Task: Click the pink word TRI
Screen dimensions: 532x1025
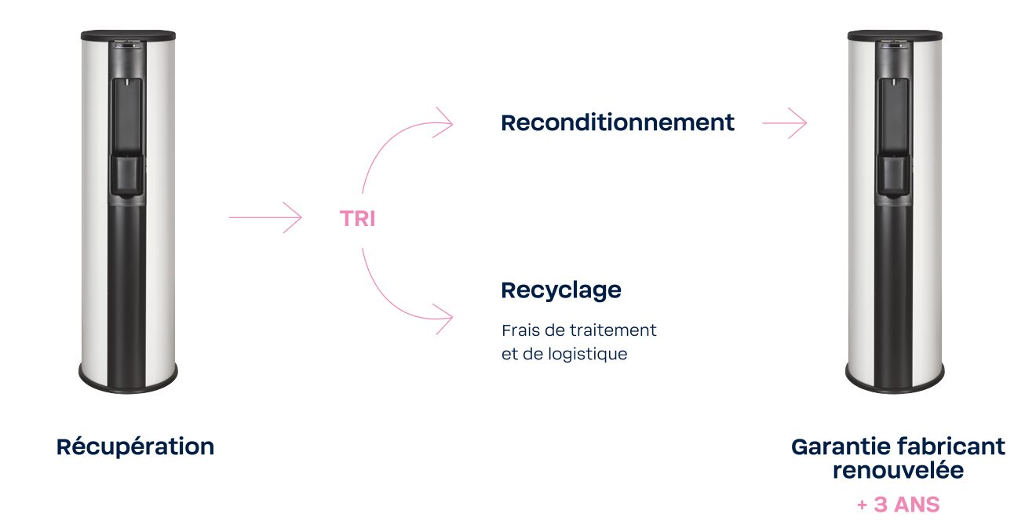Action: click(357, 219)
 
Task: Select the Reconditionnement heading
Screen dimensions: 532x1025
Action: click(618, 123)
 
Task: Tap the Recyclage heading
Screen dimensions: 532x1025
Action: click(561, 290)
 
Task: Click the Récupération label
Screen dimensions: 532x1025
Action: click(135, 446)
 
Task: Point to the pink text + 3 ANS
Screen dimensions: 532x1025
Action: click(898, 505)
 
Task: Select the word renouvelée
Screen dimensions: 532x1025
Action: click(898, 471)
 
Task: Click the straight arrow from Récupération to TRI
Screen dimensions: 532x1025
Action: click(265, 217)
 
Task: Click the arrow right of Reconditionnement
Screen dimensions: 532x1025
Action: click(784, 123)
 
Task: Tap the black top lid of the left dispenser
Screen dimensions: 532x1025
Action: click(128, 35)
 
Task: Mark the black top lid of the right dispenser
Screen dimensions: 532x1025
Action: click(894, 35)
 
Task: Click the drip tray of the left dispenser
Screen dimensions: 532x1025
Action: click(127, 176)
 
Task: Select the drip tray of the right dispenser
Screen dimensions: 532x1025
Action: click(894, 176)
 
